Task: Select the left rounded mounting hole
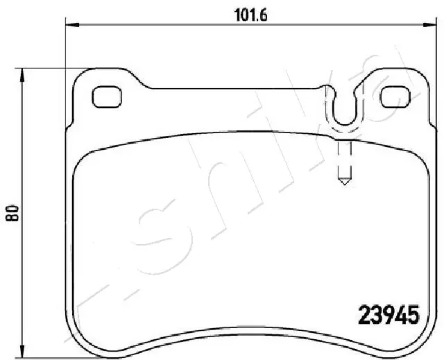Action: [x=106, y=96]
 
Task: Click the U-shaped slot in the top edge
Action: [x=343, y=111]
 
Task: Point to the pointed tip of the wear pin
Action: [x=343, y=183]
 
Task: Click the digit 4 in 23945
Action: [x=402, y=316]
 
